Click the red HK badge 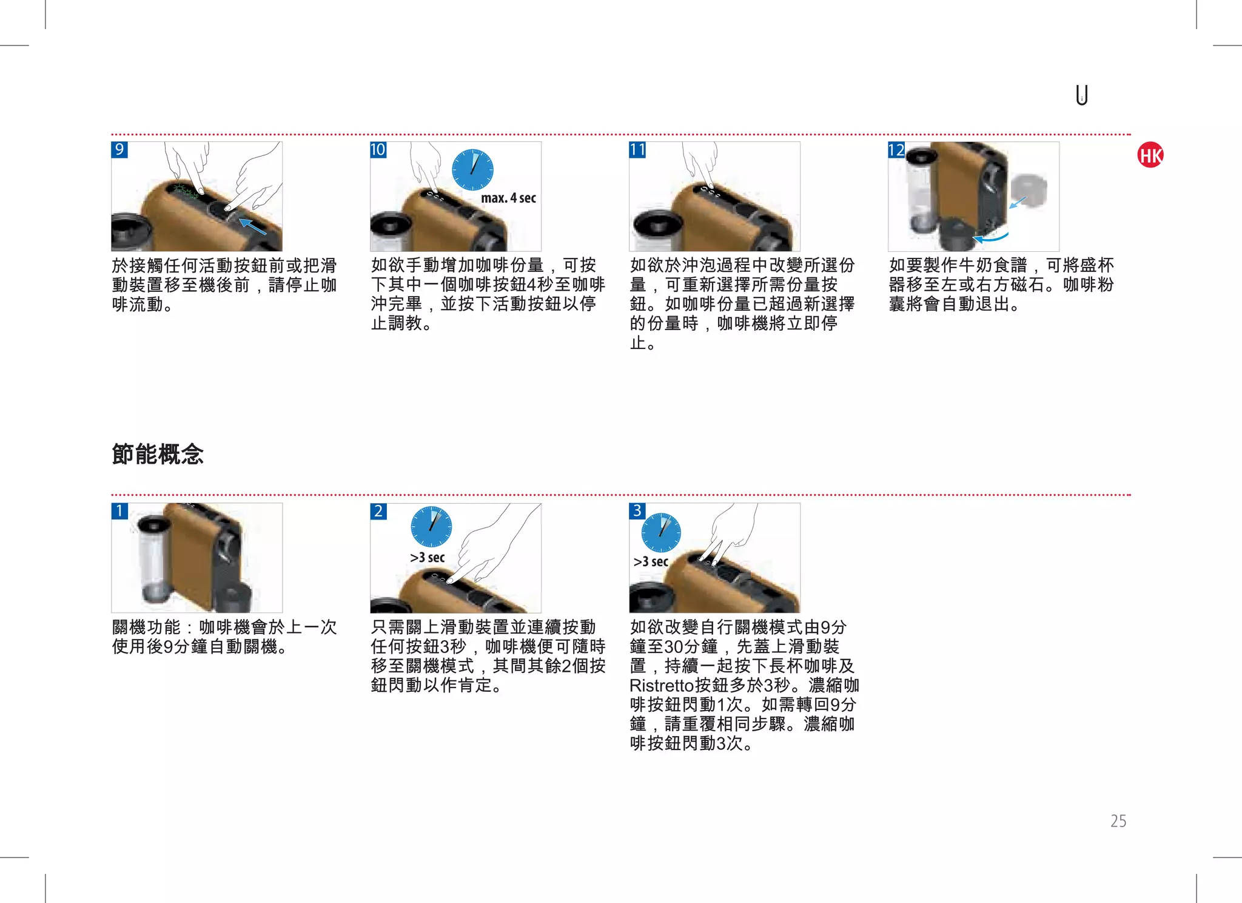point(1150,155)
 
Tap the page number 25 point(1118,821)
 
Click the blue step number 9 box point(119,149)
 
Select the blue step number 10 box point(378,149)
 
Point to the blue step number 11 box point(637,149)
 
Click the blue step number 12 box point(896,149)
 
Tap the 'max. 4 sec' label point(508,198)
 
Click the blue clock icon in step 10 point(472,169)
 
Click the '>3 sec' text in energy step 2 point(427,558)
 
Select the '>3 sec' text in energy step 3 point(651,562)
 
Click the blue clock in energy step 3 point(661,532)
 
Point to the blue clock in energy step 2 point(431,526)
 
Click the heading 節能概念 point(158,454)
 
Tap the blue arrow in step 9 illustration point(253,226)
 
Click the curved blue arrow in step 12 point(991,238)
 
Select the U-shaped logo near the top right point(1082,95)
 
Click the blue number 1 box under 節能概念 point(119,511)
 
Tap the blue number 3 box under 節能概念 point(637,511)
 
